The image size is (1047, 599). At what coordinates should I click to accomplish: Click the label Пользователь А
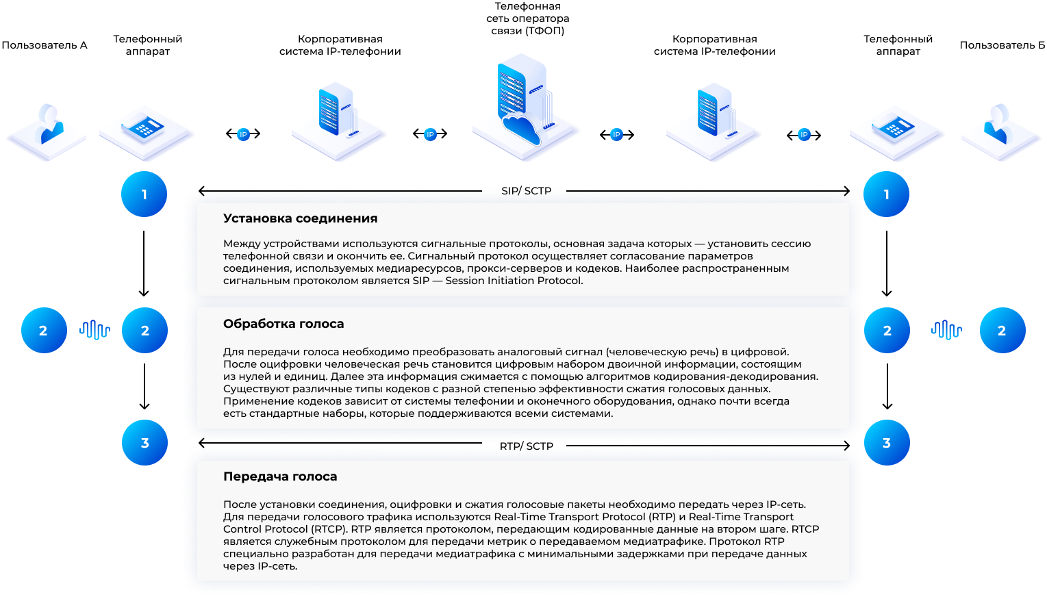point(45,45)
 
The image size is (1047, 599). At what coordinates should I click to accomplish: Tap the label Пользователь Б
point(1002,45)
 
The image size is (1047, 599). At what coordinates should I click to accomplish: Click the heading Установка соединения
point(300,218)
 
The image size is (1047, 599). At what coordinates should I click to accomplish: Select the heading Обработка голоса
point(283,324)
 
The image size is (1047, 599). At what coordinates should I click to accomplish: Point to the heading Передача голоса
point(280,476)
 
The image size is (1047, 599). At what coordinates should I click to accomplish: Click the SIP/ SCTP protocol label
point(527,190)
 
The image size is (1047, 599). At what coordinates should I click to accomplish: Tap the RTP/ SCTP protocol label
point(527,446)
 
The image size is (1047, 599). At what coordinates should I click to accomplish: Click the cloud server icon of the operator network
point(525,107)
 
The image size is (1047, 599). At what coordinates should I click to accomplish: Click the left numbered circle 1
point(144,194)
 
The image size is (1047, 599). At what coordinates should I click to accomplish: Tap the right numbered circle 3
point(887,442)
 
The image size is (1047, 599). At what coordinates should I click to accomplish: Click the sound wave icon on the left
point(95,330)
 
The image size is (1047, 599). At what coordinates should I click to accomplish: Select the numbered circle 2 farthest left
point(44,331)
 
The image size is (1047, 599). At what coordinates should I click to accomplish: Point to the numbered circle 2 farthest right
point(1002,331)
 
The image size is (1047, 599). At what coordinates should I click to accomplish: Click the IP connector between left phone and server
point(243,135)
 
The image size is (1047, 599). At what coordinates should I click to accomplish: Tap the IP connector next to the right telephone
point(804,135)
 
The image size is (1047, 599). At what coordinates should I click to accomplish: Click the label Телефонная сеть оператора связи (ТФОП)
point(527,18)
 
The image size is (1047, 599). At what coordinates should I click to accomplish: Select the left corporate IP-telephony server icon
point(338,120)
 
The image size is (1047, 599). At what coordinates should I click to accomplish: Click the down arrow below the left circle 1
point(144,264)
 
